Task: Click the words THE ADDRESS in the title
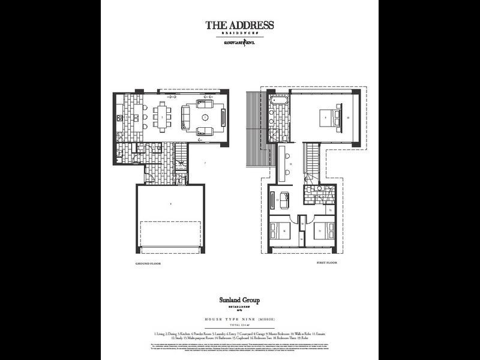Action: [x=239, y=25]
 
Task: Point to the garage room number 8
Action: [x=172, y=204]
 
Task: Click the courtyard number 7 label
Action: [x=205, y=163]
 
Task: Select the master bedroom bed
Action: [x=329, y=118]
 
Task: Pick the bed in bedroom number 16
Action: [x=282, y=230]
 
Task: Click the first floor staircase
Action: [x=312, y=159]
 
